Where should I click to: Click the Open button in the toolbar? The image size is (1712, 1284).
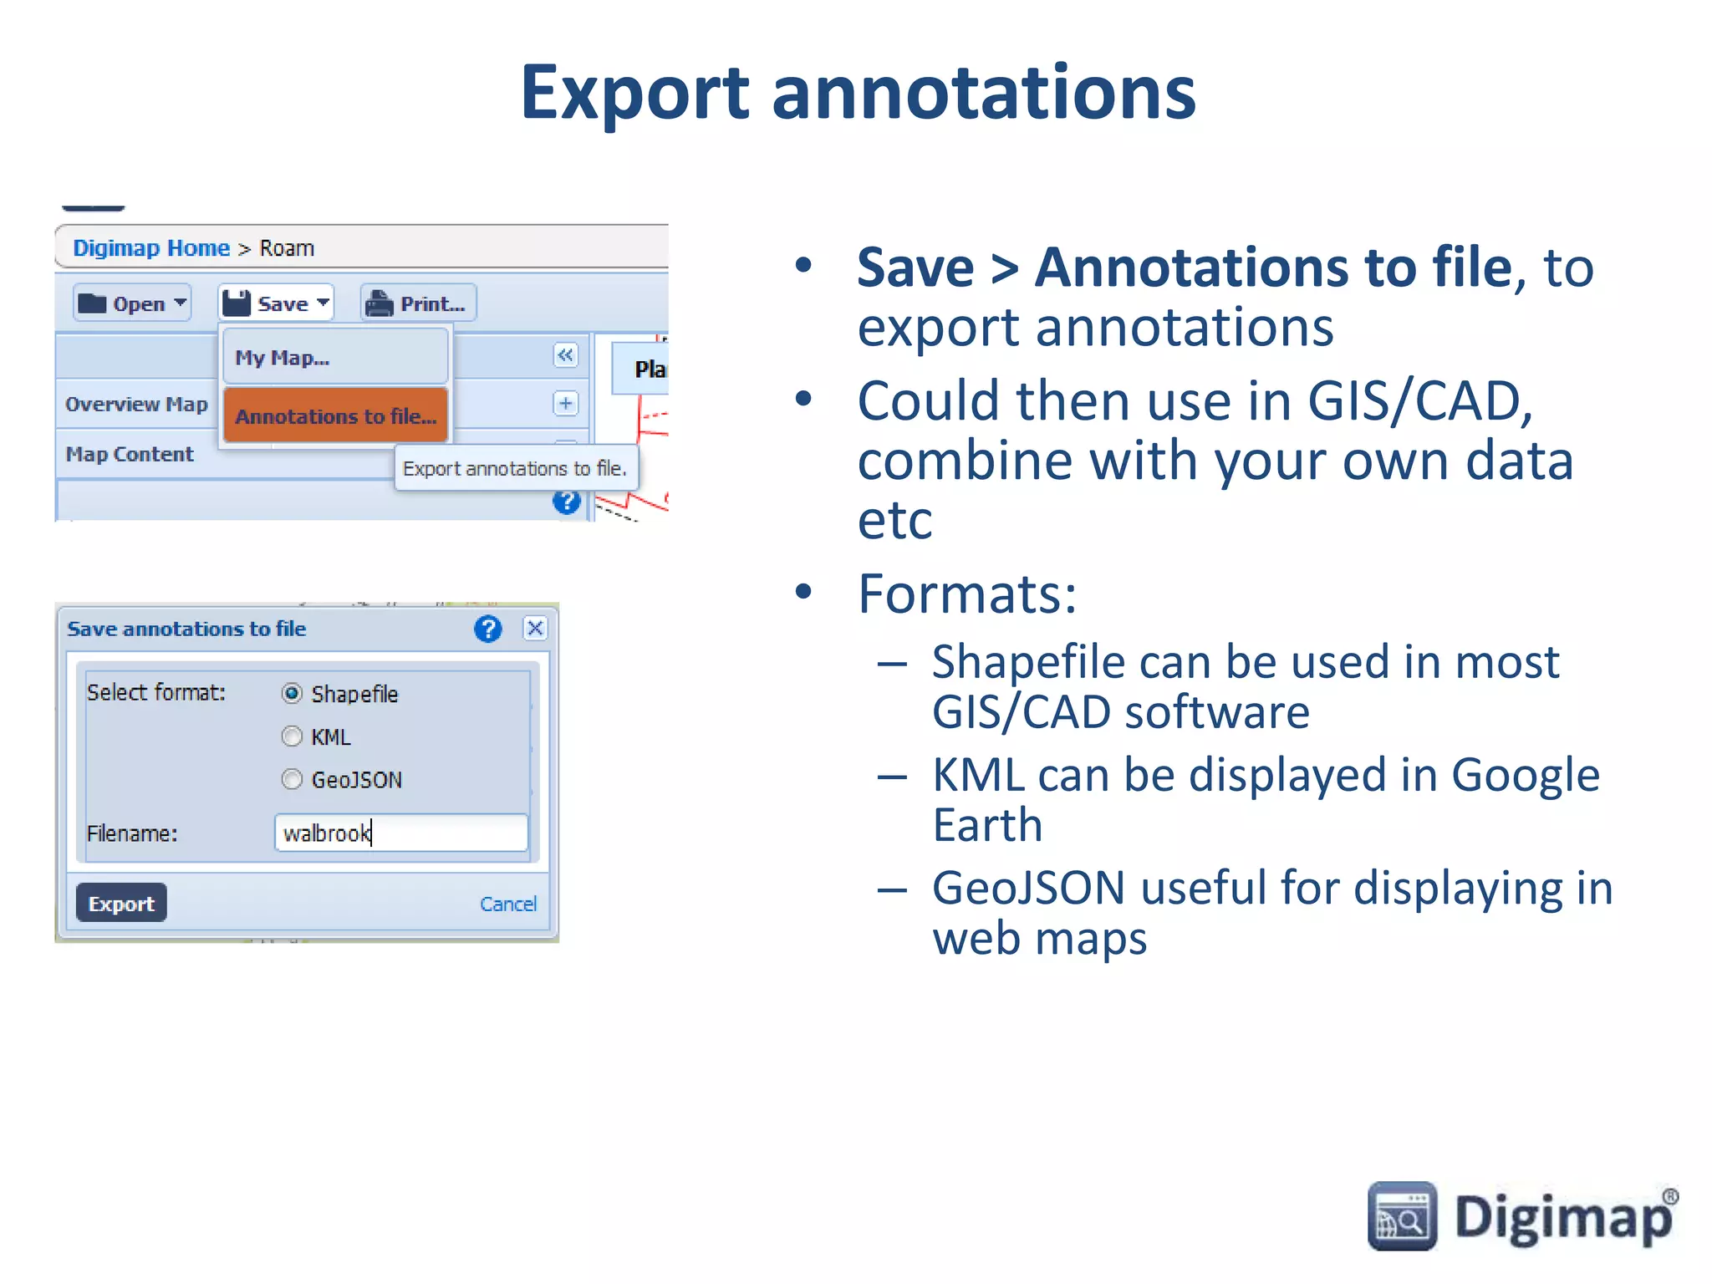132,303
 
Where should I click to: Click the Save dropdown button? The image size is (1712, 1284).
277,303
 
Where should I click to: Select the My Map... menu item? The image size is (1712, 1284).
334,358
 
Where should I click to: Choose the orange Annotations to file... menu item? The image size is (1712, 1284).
335,415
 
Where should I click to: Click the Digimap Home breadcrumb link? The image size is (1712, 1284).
151,248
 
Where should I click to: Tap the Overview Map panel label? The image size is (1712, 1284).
136,405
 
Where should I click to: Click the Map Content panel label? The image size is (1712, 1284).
130,454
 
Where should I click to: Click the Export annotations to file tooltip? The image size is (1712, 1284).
515,468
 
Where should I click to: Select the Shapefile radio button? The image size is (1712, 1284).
292,694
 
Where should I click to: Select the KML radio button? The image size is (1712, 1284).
292,736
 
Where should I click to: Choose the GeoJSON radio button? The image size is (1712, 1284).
292,779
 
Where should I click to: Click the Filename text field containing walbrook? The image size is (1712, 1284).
401,833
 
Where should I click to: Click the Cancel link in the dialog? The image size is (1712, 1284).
507,904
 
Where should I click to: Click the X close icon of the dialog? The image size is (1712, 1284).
535,628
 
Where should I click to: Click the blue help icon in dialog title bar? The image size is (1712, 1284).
488,629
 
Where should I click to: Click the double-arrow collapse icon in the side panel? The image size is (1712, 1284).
566,355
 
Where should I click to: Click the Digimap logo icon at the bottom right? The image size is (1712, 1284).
1402,1216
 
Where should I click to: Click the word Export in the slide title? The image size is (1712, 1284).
634,93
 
